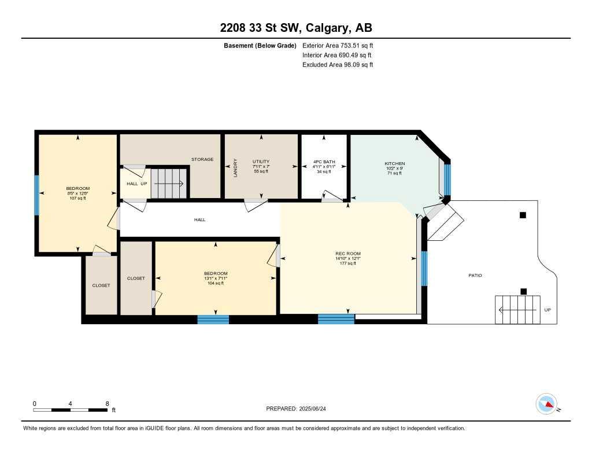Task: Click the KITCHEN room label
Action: click(x=395, y=164)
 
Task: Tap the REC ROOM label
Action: click(x=348, y=254)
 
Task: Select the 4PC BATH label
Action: click(x=324, y=162)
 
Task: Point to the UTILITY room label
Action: click(x=261, y=162)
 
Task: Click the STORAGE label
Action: click(x=202, y=159)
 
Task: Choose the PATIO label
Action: click(x=475, y=275)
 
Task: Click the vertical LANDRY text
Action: click(x=235, y=167)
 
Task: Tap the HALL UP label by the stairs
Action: click(x=136, y=184)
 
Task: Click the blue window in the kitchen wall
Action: click(x=447, y=179)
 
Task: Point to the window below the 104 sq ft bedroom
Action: click(x=213, y=319)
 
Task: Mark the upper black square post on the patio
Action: click(x=523, y=215)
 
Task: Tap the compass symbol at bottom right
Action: click(x=547, y=404)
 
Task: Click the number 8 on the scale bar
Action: click(x=107, y=403)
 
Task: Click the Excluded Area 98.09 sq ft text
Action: click(x=338, y=65)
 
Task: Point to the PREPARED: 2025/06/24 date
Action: click(x=299, y=409)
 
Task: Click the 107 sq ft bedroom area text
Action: click(x=77, y=198)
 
